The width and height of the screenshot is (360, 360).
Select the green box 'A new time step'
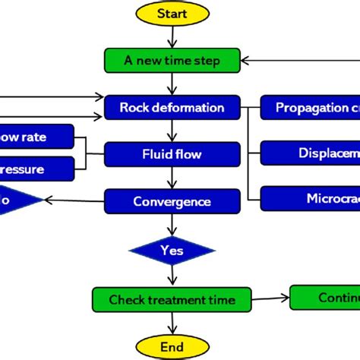172,60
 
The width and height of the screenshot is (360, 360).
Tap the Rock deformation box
172,107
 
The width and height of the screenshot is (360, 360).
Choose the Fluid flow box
172,154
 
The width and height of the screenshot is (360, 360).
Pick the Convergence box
172,201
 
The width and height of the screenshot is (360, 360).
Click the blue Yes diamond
172,249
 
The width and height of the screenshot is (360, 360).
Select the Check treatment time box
172,298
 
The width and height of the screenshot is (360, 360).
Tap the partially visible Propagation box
310,107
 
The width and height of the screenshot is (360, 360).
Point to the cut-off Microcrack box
310,199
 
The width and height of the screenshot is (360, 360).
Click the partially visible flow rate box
36,137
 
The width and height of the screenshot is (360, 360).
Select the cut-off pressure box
36,168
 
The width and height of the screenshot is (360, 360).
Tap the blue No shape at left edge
15,201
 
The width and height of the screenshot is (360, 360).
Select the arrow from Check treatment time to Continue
270,298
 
